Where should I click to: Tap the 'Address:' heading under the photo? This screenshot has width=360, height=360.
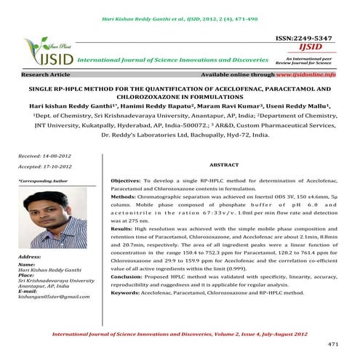click(x=33, y=257)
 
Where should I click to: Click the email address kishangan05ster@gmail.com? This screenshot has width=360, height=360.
click(x=55, y=298)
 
